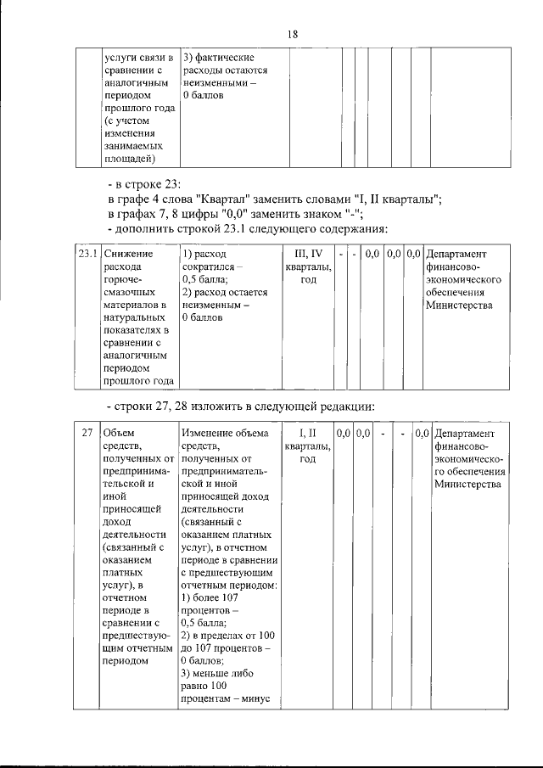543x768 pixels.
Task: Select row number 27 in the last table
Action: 87,434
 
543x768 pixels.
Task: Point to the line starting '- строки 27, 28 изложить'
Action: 240,405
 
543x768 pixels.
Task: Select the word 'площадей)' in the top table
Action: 129,159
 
